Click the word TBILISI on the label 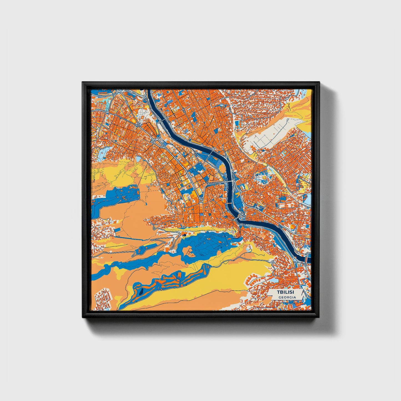click(285, 292)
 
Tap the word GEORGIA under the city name click(287, 297)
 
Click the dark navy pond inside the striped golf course click(140, 291)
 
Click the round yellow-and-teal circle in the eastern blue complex click(264, 176)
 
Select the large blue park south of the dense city click(205, 244)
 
